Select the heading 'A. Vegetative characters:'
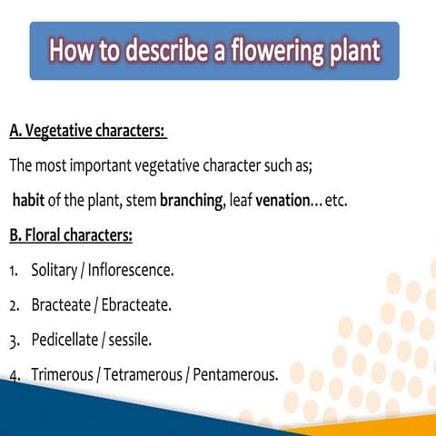87,133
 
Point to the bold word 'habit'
29,201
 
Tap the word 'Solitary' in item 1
56,271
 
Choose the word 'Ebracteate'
139,305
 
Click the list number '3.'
15,341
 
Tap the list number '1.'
15,271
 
